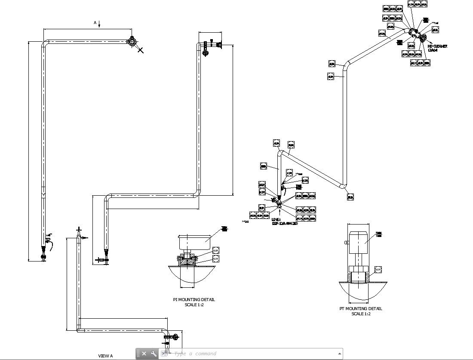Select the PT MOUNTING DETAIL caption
[x=360, y=308]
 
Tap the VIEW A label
[x=105, y=356]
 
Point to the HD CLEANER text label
[x=437, y=46]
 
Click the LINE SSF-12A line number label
[x=284, y=222]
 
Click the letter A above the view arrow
[x=95, y=22]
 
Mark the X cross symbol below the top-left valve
[x=141, y=50]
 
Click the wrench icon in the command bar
[x=154, y=354]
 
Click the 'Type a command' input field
[x=254, y=354]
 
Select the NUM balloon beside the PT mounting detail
[x=378, y=270]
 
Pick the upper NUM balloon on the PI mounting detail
[x=215, y=250]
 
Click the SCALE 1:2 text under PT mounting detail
[x=361, y=314]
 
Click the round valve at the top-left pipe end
[x=132, y=41]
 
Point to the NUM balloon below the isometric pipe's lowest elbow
[x=350, y=197]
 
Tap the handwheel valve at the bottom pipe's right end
[x=173, y=337]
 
